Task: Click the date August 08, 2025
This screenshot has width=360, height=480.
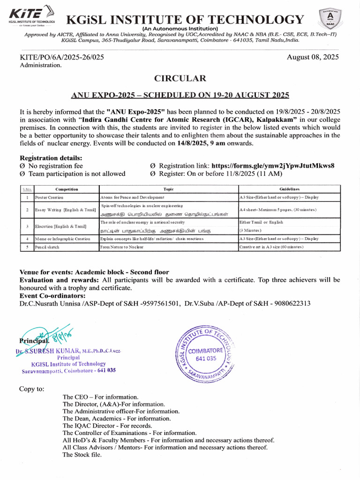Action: pos(313,57)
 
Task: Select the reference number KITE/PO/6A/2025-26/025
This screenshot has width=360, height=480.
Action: pos(61,57)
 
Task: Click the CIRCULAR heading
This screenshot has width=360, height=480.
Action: pos(180,78)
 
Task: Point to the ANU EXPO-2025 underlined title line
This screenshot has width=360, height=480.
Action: pos(180,95)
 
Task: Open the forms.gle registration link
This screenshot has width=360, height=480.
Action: pos(273,166)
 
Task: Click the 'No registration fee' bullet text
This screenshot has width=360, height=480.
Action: pos(55,166)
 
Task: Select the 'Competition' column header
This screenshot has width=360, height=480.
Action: pos(67,189)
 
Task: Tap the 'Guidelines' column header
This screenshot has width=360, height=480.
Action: pos(289,189)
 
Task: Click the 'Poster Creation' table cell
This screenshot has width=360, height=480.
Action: pos(50,198)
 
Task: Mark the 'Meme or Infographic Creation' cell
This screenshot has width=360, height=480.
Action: pos(63,239)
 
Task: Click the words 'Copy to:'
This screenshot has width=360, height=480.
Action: pos(32,389)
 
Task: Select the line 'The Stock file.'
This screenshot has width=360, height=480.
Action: pos(82,454)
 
